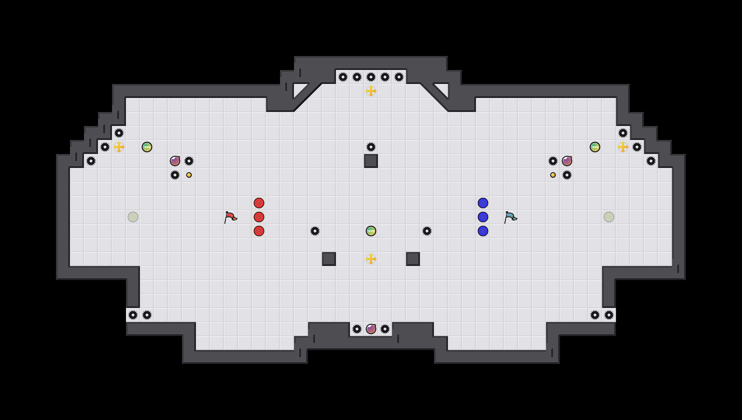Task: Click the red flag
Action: [230, 217]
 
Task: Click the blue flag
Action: [510, 217]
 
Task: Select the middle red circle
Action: [259, 217]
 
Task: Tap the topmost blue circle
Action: [483, 203]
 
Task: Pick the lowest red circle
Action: [259, 231]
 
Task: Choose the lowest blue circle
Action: [483, 231]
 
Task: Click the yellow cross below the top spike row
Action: [371, 91]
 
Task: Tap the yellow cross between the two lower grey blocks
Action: [371, 259]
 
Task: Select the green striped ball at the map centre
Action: [371, 231]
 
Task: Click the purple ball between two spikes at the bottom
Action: [371, 329]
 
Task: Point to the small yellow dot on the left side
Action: [189, 175]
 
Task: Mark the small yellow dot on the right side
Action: [553, 175]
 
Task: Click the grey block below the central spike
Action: [371, 161]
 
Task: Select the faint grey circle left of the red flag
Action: [133, 217]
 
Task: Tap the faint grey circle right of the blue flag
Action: [609, 217]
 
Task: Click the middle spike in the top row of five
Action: [371, 77]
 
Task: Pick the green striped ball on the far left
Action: [147, 147]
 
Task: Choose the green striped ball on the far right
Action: [595, 147]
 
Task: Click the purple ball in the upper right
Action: [567, 161]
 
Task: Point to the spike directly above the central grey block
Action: [371, 147]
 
